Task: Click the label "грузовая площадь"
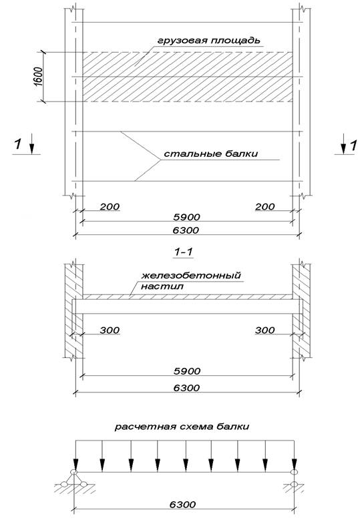click(x=208, y=41)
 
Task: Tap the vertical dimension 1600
click(x=38, y=77)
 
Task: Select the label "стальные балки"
click(x=211, y=154)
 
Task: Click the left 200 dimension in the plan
click(x=110, y=207)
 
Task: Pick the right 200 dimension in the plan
click(x=265, y=207)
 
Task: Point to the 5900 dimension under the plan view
click(x=187, y=217)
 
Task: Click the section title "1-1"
click(x=184, y=252)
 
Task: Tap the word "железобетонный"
click(x=191, y=276)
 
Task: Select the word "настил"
click(x=162, y=286)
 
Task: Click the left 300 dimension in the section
click(x=110, y=330)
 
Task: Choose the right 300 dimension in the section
click(x=265, y=330)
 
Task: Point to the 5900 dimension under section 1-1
click(x=187, y=371)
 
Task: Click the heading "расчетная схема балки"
click(x=182, y=427)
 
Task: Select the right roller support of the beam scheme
click(x=293, y=478)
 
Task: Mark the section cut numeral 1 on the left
click(x=18, y=145)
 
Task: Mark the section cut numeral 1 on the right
click(x=353, y=146)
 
